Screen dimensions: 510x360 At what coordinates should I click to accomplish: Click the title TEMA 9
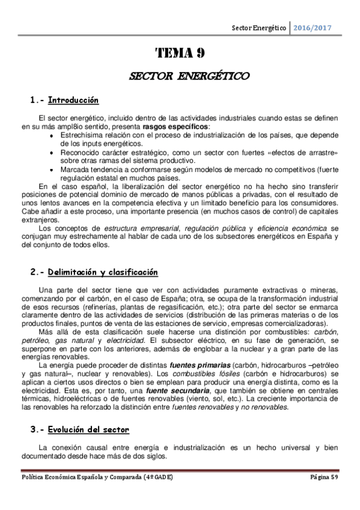(180, 53)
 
